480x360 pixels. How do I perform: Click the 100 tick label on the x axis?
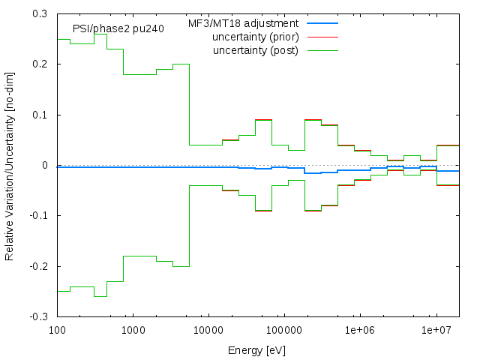(x=58, y=330)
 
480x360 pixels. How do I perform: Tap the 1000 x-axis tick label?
(x=133, y=330)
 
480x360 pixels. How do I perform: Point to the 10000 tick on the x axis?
(x=209, y=330)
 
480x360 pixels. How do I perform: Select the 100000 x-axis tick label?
(x=285, y=330)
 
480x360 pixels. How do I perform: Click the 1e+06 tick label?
(x=361, y=330)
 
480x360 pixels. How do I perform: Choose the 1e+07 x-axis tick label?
(x=436, y=330)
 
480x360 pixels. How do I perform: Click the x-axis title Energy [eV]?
(x=256, y=350)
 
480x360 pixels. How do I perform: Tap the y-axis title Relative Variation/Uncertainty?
(x=10, y=165)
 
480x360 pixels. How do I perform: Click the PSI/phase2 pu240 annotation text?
(x=112, y=28)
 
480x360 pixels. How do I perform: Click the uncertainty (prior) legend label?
(x=255, y=37)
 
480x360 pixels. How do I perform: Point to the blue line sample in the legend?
(x=322, y=24)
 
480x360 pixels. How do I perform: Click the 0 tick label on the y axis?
(x=45, y=165)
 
